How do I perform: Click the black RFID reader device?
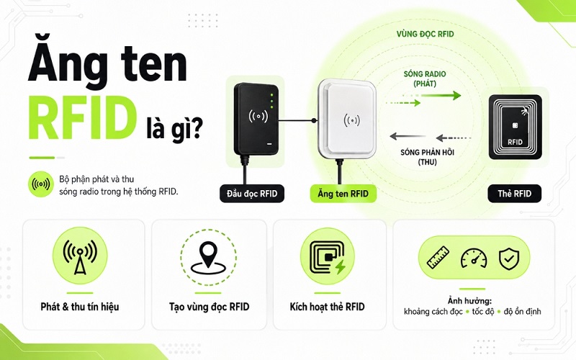[x=256, y=118]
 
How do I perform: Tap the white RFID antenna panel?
[x=348, y=120]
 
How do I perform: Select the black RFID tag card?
[x=515, y=127]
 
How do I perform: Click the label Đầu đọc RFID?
[x=252, y=194]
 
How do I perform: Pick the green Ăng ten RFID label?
[x=343, y=194]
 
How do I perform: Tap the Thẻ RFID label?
[x=514, y=194]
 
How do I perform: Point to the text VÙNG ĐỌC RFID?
[x=425, y=34]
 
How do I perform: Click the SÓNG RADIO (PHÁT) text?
[x=425, y=78]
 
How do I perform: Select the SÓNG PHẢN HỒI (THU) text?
[x=427, y=157]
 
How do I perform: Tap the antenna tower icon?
[x=80, y=256]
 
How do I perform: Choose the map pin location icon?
[x=208, y=258]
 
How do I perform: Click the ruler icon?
[x=438, y=257]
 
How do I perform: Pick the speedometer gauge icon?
[x=474, y=258]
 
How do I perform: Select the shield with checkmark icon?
[x=509, y=258]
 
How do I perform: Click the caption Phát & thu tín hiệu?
[x=80, y=307]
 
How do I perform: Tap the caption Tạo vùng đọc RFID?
[x=209, y=307]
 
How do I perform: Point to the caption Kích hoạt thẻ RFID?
[x=327, y=307]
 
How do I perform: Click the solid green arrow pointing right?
[x=441, y=96]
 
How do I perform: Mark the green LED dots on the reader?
[x=272, y=101]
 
